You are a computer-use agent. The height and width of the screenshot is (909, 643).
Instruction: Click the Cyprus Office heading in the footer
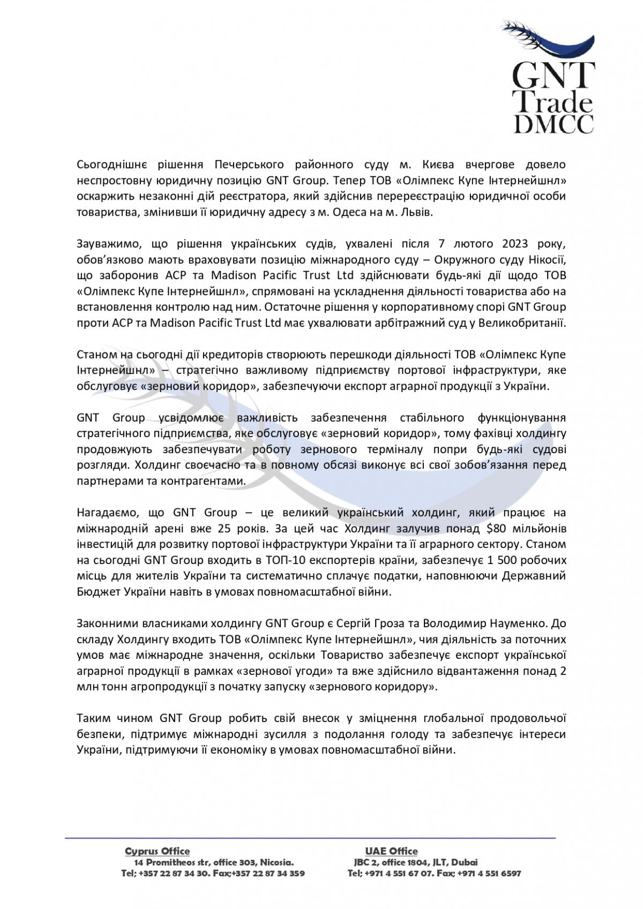(157, 851)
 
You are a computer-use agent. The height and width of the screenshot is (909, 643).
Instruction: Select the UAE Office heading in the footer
(391, 851)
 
